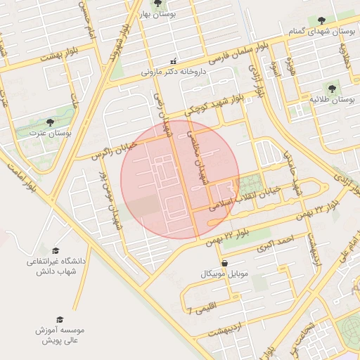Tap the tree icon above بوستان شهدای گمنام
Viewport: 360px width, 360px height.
tap(321, 20)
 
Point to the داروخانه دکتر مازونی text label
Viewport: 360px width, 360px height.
tap(176, 71)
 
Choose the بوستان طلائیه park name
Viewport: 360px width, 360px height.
tap(331, 100)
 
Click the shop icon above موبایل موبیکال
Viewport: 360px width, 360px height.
tap(224, 263)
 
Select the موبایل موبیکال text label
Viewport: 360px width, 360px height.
tap(224, 273)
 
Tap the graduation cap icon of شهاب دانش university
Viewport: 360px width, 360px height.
tap(56, 250)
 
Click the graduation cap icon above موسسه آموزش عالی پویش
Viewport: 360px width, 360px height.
tap(59, 319)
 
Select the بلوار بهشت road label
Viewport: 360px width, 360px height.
tap(57, 55)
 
